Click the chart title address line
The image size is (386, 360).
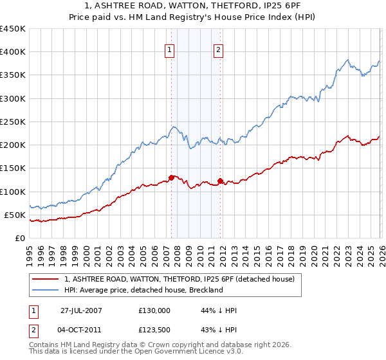193,6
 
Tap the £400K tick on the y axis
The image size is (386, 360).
13,52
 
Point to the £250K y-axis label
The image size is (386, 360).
13,122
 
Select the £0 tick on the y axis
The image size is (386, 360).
19,238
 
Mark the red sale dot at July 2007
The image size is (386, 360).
172,177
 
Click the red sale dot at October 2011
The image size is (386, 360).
220,181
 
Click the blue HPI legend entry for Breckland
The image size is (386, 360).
143,290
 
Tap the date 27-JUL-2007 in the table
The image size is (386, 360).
81,310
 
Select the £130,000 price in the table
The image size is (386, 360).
154,310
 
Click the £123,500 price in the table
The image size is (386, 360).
154,330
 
